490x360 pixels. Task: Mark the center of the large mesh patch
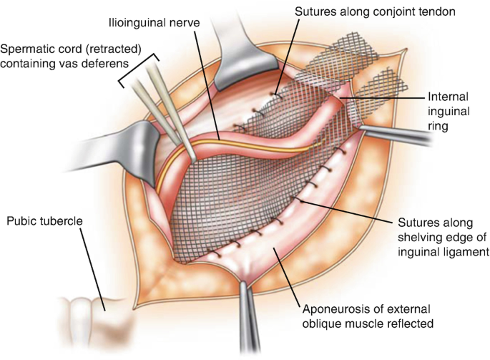[x=243, y=193]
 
